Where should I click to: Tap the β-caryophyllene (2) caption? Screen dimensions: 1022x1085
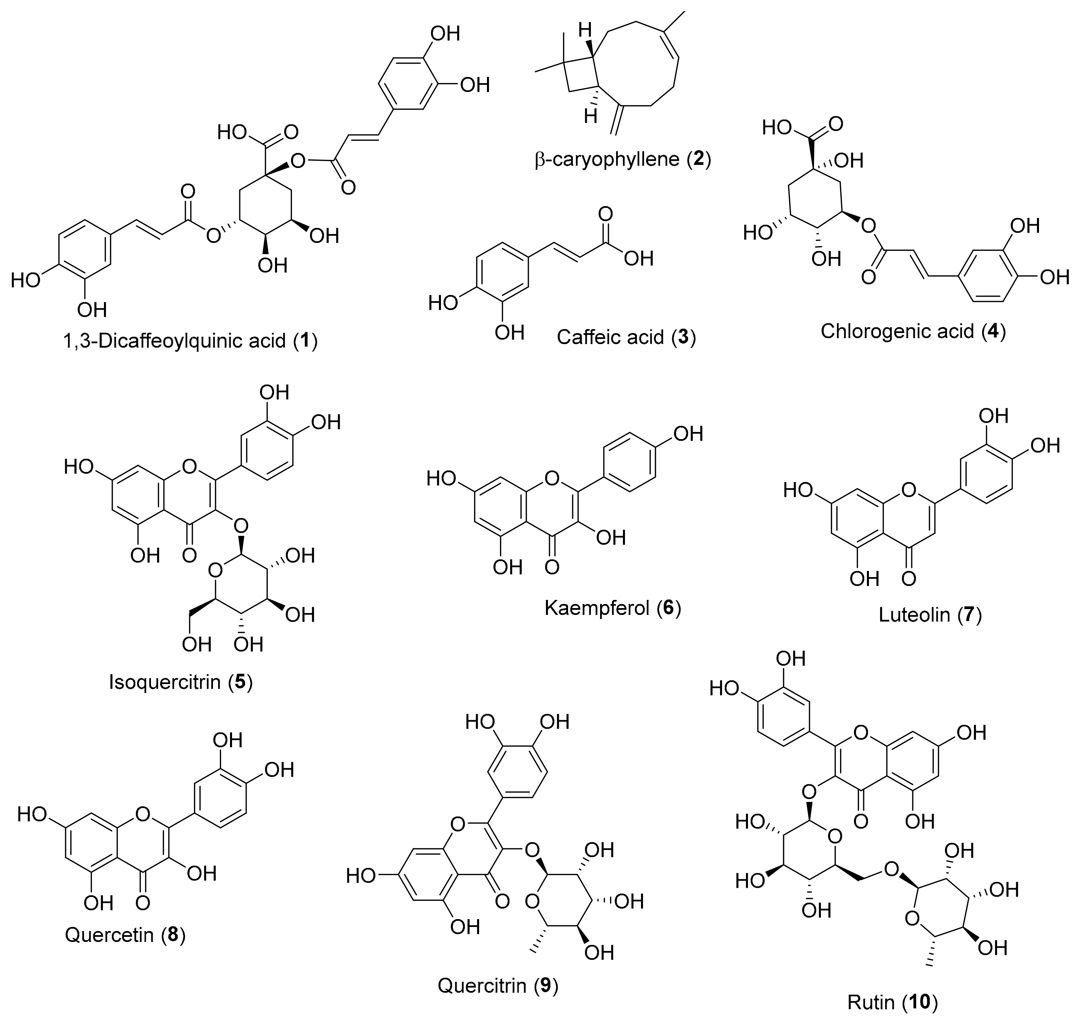point(623,159)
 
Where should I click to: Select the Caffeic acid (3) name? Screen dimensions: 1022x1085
point(626,337)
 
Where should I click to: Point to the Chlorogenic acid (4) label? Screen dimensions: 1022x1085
point(913,331)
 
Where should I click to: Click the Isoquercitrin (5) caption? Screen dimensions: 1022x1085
point(181,682)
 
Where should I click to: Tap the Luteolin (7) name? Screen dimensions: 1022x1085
point(930,615)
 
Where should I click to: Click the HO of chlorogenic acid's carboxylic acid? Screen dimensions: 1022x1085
point(776,127)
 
